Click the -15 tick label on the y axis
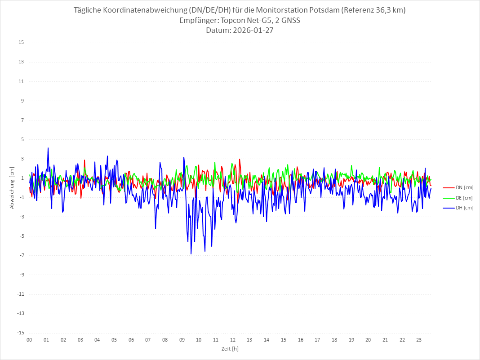pyautogui.click(x=20, y=333)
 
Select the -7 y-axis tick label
pyautogui.click(x=21, y=255)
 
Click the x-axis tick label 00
pyautogui.click(x=29, y=340)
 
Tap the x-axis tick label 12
pyautogui.click(x=233, y=340)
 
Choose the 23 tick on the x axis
pyautogui.click(x=419, y=340)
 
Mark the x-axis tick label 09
pyautogui.click(x=182, y=340)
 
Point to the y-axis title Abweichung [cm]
pyautogui.click(x=12, y=188)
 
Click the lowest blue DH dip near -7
pyautogui.click(x=191, y=254)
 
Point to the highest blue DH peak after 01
pyautogui.click(x=48, y=148)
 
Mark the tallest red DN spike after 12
pyautogui.click(x=240, y=159)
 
